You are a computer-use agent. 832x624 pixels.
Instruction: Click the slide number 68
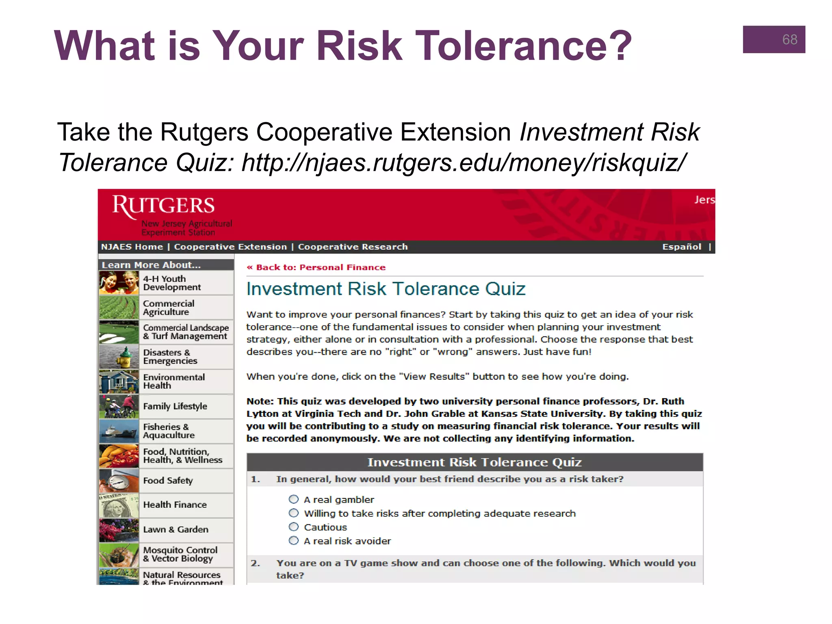789,39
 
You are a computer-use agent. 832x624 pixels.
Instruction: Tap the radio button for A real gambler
294,499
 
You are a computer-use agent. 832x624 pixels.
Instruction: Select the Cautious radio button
294,527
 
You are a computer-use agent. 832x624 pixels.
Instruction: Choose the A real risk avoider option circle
294,541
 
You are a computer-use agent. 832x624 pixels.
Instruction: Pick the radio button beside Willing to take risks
294,513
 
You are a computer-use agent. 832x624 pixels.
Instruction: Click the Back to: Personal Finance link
316,267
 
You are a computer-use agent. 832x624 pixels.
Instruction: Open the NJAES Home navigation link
132,247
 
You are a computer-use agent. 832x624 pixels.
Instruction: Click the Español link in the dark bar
682,247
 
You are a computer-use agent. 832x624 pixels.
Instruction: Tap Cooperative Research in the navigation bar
353,247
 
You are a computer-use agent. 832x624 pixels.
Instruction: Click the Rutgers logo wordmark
163,206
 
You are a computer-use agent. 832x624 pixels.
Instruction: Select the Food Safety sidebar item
168,481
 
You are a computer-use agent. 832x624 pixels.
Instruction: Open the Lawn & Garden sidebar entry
175,530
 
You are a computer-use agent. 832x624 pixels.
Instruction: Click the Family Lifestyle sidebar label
175,406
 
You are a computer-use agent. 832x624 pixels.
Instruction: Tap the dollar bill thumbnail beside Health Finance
119,505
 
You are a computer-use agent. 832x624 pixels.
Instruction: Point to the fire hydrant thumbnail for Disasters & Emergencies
119,357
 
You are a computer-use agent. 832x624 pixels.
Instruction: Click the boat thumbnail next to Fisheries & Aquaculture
119,431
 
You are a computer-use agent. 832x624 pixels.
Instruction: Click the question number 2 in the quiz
255,563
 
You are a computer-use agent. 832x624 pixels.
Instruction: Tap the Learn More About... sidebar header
151,265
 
